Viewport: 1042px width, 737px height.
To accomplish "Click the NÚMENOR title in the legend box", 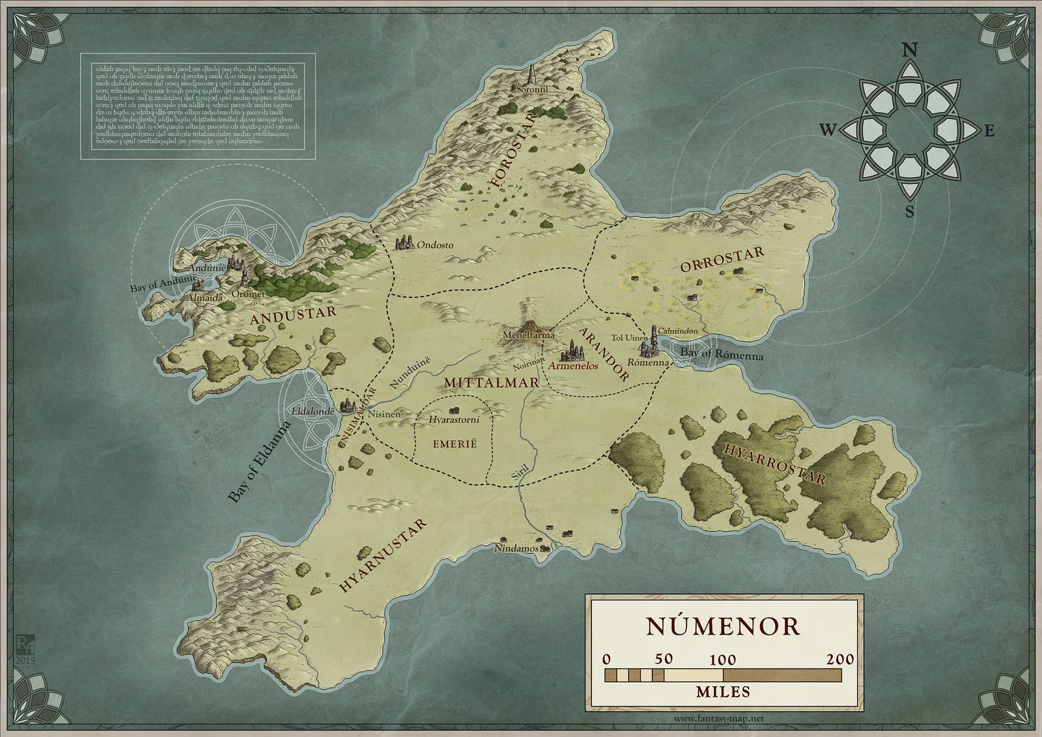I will [723, 626].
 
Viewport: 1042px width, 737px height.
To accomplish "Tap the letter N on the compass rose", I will [910, 49].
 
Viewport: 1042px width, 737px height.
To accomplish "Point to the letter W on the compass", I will [827, 130].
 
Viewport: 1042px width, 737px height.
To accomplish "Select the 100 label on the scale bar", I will [722, 660].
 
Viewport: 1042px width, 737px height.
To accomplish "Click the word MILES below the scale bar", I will [723, 691].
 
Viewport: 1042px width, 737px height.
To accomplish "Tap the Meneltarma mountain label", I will [528, 335].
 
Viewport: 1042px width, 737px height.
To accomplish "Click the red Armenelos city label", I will [573, 366].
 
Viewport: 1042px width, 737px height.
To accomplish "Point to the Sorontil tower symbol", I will [532, 72].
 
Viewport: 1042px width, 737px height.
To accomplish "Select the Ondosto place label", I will [435, 245].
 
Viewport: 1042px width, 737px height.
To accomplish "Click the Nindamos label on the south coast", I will [516, 548].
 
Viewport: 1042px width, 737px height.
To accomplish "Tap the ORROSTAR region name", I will [722, 260].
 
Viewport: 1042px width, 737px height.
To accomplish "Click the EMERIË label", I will [455, 443].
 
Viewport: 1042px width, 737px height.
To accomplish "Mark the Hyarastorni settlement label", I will [454, 420].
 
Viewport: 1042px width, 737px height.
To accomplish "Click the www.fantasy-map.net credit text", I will [718, 719].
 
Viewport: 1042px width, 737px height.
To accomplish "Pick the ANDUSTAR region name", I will [293, 315].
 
